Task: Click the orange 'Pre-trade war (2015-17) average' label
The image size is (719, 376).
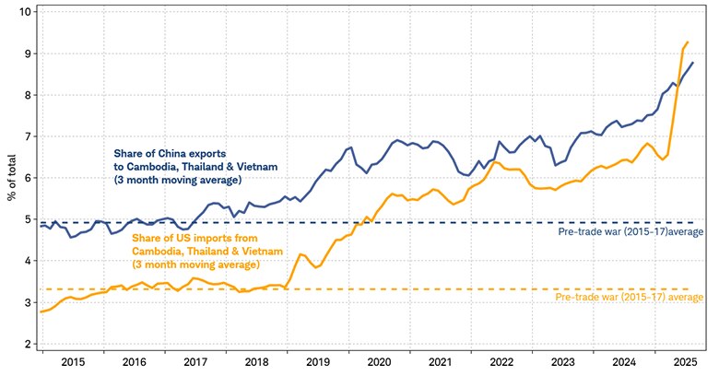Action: point(631,298)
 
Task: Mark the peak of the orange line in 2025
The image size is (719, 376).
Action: point(688,41)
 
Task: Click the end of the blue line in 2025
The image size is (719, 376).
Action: point(692,63)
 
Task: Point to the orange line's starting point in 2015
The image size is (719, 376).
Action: point(41,311)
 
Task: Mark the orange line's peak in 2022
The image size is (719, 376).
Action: point(497,162)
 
